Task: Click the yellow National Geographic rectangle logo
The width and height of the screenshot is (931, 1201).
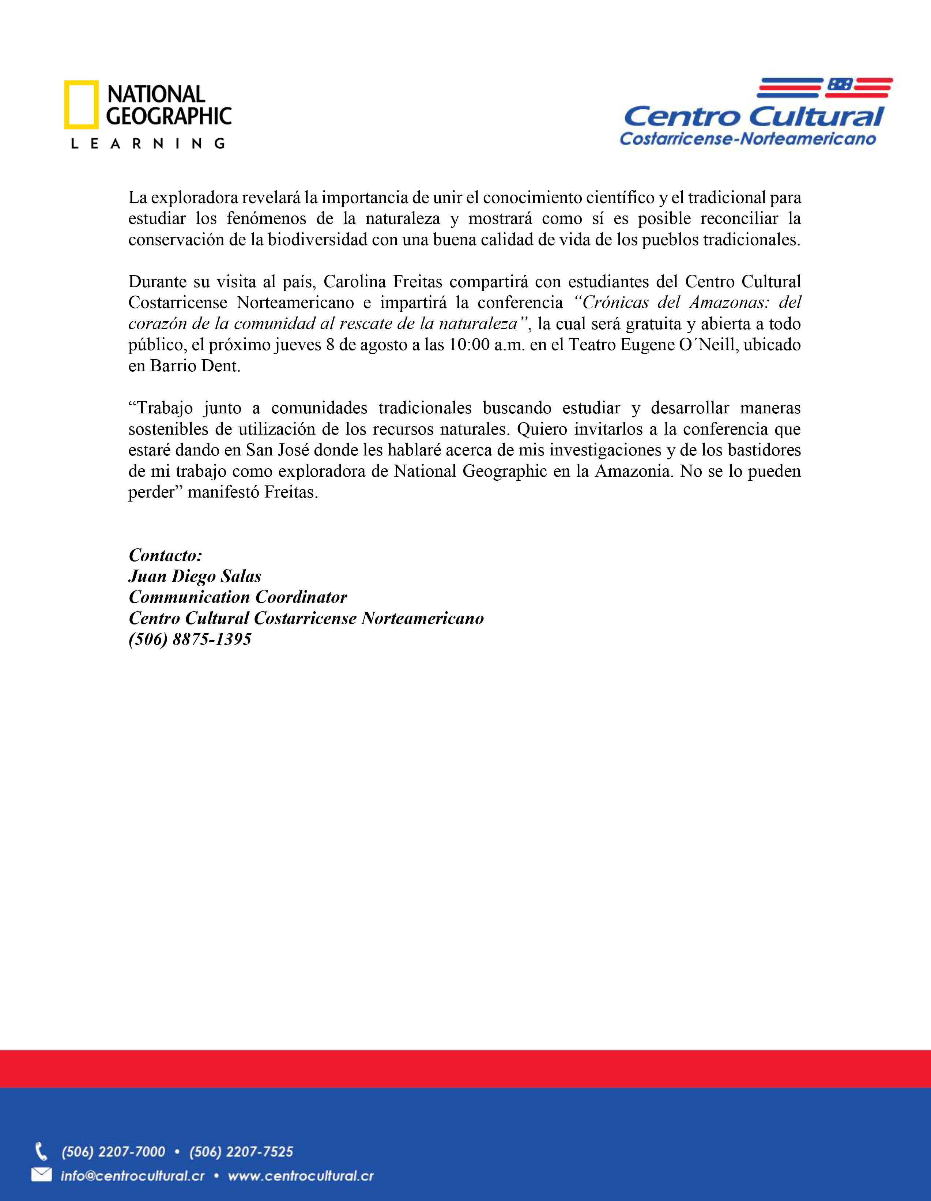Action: (81, 105)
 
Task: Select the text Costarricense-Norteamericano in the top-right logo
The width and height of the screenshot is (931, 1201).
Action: (747, 139)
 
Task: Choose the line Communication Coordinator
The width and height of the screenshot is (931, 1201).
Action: (237, 597)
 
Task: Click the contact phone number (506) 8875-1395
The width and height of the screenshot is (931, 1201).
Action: (190, 639)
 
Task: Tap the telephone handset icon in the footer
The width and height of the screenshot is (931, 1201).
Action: (41, 1151)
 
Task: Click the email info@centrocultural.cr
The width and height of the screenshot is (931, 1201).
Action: (132, 1176)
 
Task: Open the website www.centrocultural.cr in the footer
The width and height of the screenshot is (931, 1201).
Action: (301, 1176)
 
